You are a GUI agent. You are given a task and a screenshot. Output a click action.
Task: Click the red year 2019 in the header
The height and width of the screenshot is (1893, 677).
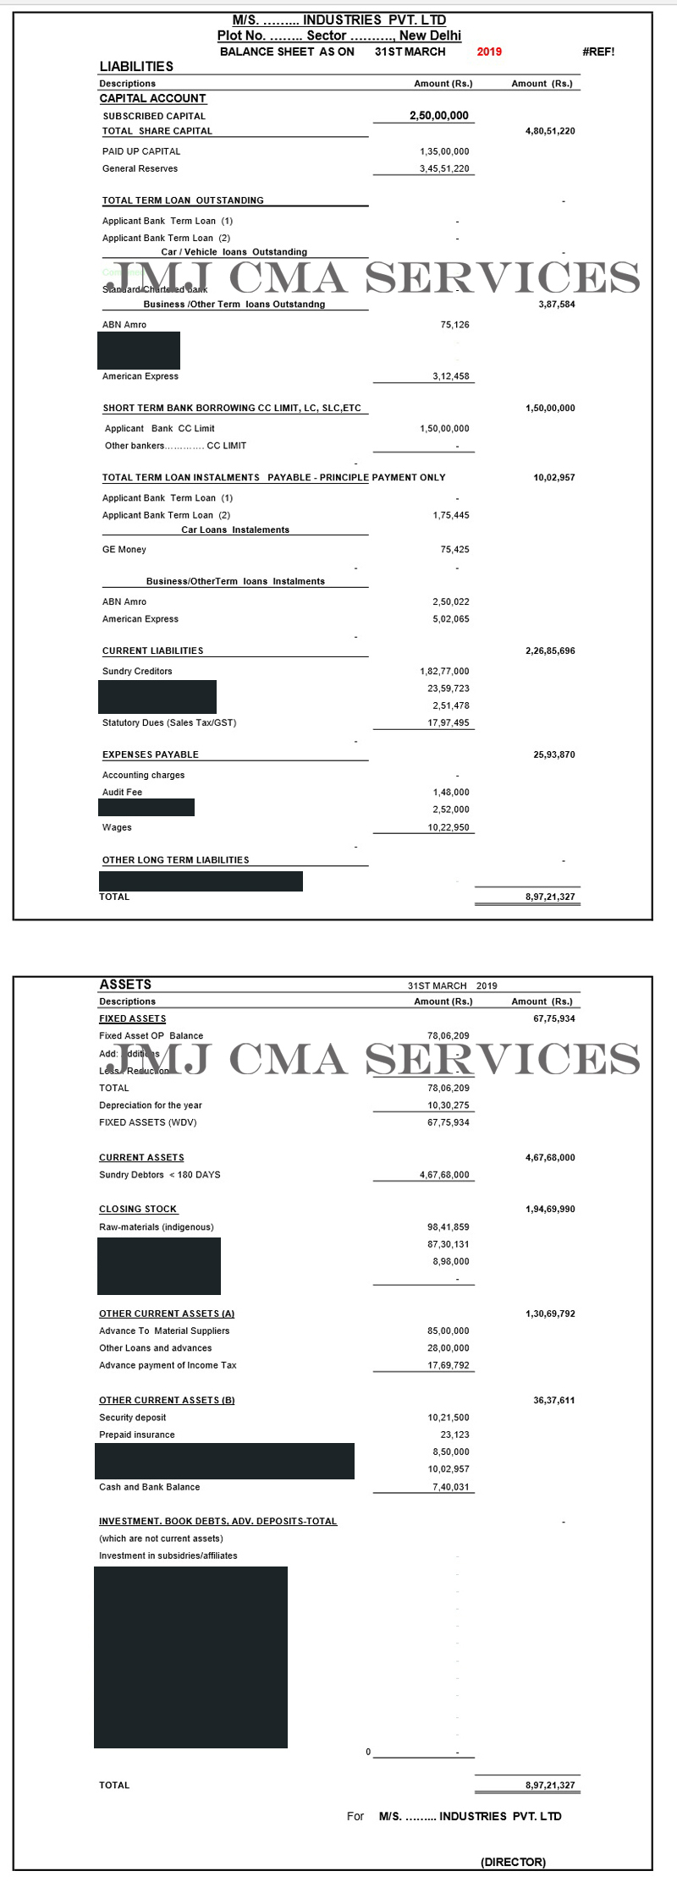tap(489, 52)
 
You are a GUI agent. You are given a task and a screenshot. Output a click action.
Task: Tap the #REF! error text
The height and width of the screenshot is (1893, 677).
tap(598, 52)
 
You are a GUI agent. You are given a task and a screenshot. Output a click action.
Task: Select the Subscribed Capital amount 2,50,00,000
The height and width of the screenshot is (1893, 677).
tap(438, 116)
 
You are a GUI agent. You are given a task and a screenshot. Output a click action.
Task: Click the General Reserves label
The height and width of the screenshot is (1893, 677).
tap(140, 168)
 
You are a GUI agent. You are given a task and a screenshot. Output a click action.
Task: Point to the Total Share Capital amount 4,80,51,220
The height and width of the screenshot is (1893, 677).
tap(550, 131)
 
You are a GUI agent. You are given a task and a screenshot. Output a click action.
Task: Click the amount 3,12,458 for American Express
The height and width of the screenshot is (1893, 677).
tap(450, 376)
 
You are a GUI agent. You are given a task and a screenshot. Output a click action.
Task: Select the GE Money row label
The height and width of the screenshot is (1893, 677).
tap(124, 550)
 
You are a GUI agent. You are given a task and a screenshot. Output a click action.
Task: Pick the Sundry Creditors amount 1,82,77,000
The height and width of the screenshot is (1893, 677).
tap(444, 672)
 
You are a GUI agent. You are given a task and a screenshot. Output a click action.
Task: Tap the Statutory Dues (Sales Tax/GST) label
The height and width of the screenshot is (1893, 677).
tap(169, 723)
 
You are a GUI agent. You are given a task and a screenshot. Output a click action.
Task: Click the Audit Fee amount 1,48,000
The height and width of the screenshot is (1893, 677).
tap(450, 793)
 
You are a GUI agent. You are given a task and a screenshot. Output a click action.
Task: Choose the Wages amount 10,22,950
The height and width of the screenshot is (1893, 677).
tap(449, 828)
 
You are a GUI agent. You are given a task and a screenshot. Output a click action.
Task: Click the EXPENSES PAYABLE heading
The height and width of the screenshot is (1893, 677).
tap(151, 754)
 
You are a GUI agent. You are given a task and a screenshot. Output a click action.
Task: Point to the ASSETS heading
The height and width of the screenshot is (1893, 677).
tap(125, 985)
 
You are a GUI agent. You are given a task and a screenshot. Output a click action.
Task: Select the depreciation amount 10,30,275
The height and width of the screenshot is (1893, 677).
tap(448, 1106)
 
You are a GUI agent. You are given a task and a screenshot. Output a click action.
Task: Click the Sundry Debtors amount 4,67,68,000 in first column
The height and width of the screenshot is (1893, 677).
tap(444, 1175)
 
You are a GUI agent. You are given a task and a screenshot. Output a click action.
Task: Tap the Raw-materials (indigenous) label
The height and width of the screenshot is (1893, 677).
tap(157, 1227)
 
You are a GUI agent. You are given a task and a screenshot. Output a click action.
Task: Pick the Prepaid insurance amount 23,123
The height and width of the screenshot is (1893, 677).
tap(454, 1435)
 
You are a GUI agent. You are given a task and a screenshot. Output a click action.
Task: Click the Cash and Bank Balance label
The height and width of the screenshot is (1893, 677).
tap(150, 1487)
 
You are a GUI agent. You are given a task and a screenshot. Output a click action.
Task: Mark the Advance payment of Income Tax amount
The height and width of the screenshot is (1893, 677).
tap(448, 1365)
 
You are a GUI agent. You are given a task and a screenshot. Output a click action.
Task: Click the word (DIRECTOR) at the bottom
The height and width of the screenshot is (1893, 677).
tap(513, 1862)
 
